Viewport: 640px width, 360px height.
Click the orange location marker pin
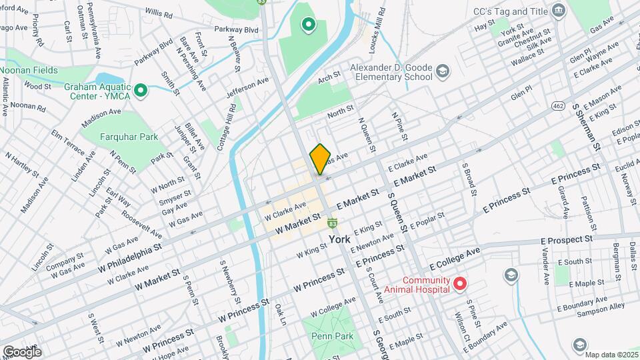click(x=320, y=159)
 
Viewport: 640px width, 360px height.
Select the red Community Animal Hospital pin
click(x=459, y=285)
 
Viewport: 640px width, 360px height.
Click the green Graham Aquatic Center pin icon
click(x=140, y=91)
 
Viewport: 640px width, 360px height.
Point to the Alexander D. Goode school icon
click(x=441, y=71)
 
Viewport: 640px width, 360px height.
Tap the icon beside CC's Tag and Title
click(x=558, y=11)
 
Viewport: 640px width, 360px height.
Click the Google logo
click(x=21, y=351)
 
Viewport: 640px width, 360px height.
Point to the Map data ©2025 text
click(x=611, y=354)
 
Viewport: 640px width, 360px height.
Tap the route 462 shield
click(x=558, y=105)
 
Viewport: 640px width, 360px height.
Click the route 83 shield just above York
click(x=332, y=222)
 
